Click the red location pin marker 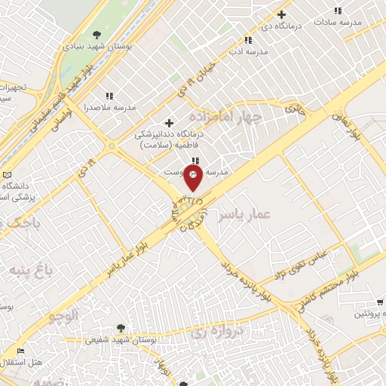point(193,179)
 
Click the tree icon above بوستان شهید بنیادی point(96,34)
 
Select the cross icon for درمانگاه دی point(282,14)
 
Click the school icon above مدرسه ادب point(247,40)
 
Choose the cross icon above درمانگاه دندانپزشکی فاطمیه point(169,123)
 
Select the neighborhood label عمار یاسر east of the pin point(244,216)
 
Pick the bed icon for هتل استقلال point(21,351)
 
